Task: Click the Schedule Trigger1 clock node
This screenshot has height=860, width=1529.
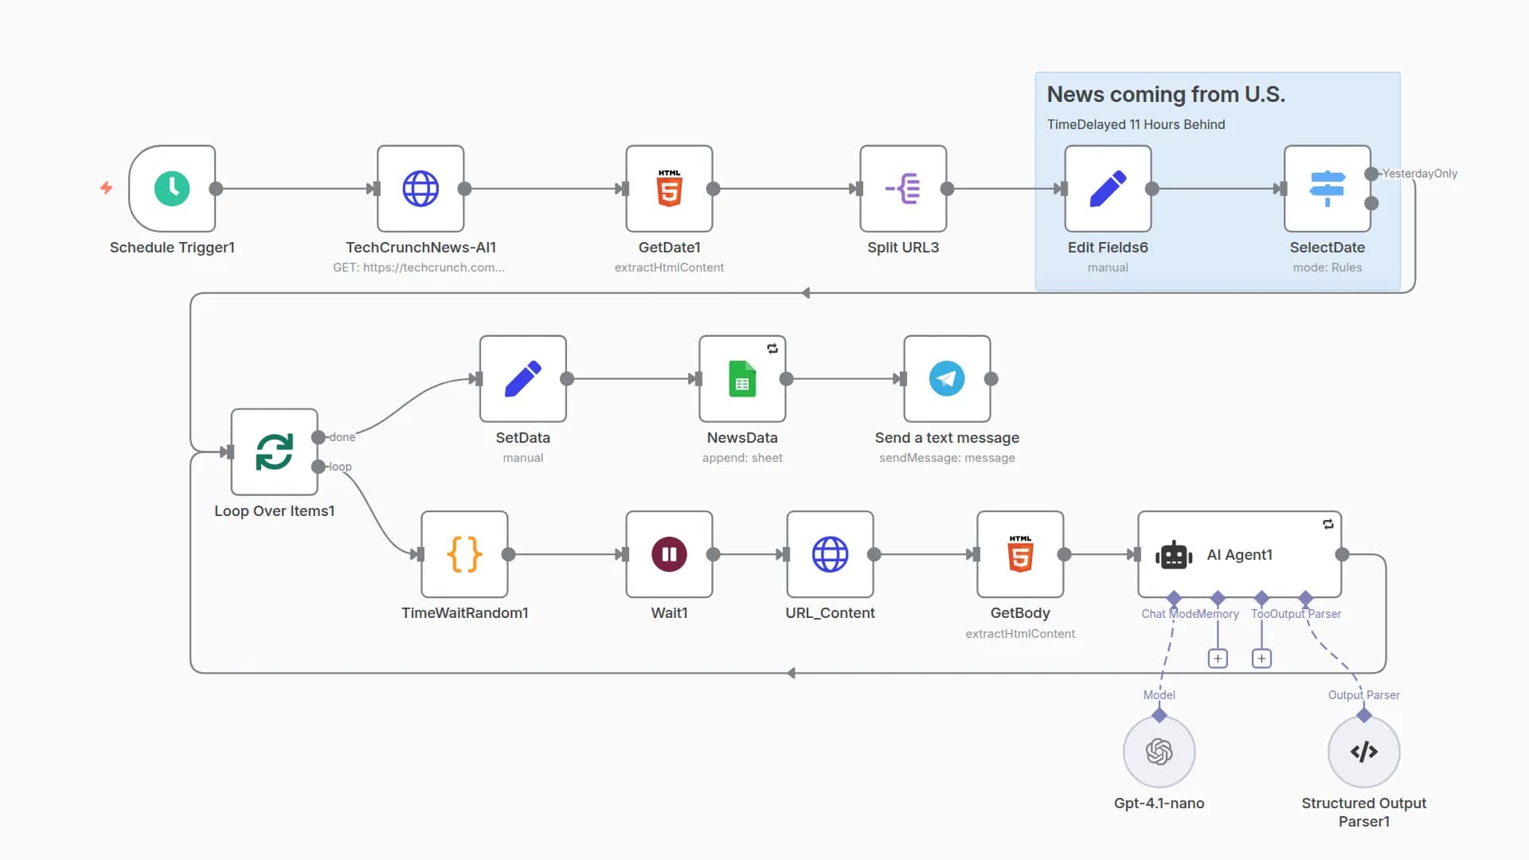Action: pyautogui.click(x=172, y=189)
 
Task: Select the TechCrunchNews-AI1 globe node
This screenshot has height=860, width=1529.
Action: pyautogui.click(x=420, y=189)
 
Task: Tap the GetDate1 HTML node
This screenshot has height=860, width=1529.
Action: pyautogui.click(x=669, y=189)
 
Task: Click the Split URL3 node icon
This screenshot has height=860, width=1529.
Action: pyautogui.click(x=903, y=189)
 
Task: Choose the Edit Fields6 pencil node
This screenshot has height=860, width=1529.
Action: pyautogui.click(x=1108, y=189)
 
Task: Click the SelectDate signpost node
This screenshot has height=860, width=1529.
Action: pyautogui.click(x=1327, y=189)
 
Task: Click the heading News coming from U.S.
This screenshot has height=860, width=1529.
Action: pyautogui.click(x=1165, y=94)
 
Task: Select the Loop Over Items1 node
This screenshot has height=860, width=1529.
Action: pyautogui.click(x=274, y=451)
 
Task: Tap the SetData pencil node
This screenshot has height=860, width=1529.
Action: pyautogui.click(x=522, y=379)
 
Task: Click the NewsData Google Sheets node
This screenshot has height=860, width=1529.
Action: pyautogui.click(x=742, y=379)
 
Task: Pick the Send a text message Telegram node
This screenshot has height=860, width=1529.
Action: pyautogui.click(x=947, y=379)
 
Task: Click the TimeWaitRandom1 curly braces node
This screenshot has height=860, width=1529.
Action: pyautogui.click(x=464, y=554)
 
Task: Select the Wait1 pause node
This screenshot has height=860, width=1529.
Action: pyautogui.click(x=669, y=554)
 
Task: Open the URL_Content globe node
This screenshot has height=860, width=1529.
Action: pyautogui.click(x=830, y=554)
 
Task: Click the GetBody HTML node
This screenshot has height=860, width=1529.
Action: pyautogui.click(x=1020, y=554)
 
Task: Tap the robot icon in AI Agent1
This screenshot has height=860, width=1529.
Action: pyautogui.click(x=1173, y=555)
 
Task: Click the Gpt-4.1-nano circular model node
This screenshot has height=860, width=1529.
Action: pyautogui.click(x=1159, y=752)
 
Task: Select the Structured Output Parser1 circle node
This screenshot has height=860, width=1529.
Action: pyautogui.click(x=1363, y=752)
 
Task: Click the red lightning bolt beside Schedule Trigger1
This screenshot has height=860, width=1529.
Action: pyautogui.click(x=106, y=188)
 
